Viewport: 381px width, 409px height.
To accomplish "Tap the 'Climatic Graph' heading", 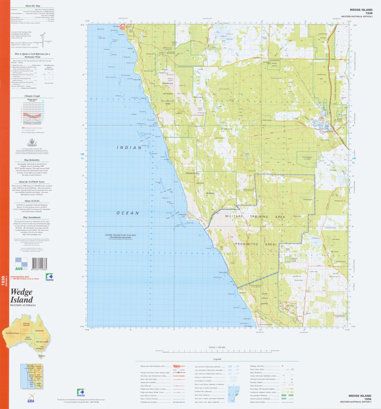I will [x=32, y=96].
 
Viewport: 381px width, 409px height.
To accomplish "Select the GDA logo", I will [x=31, y=398].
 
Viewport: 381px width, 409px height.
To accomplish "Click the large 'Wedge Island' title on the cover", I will [x=22, y=296].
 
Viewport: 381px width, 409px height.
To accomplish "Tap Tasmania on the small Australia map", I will [x=42, y=356].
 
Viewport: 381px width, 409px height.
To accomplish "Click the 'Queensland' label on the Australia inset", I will [x=40, y=331].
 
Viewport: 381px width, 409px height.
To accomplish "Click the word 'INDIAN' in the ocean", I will [x=129, y=148].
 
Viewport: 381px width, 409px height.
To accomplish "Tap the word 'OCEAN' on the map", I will [x=128, y=213].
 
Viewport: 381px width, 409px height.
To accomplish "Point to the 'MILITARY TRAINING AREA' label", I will [x=255, y=217].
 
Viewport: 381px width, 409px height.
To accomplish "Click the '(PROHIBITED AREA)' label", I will [x=255, y=244].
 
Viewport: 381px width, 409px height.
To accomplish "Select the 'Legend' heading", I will [x=217, y=359].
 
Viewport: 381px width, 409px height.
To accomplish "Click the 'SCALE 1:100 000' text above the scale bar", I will [x=217, y=347].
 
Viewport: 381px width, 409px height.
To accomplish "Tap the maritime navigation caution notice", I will [x=120, y=236].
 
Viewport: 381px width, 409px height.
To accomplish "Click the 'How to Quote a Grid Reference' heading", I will [x=32, y=55].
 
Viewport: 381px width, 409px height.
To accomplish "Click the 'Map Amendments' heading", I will [x=32, y=218].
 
